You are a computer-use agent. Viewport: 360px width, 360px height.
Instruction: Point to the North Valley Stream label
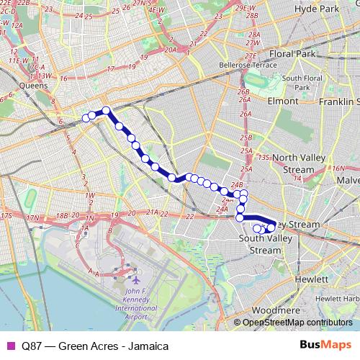(294, 163)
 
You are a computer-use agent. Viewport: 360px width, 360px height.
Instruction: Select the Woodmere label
(270, 310)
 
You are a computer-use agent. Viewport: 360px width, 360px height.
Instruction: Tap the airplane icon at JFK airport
(134, 278)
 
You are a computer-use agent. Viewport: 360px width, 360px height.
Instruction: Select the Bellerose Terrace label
(247, 64)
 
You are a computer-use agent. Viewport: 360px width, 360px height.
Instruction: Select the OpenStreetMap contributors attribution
(297, 322)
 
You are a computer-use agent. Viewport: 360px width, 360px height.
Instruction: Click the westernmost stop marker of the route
(86, 117)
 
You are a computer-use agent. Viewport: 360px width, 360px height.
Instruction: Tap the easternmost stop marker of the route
(271, 229)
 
